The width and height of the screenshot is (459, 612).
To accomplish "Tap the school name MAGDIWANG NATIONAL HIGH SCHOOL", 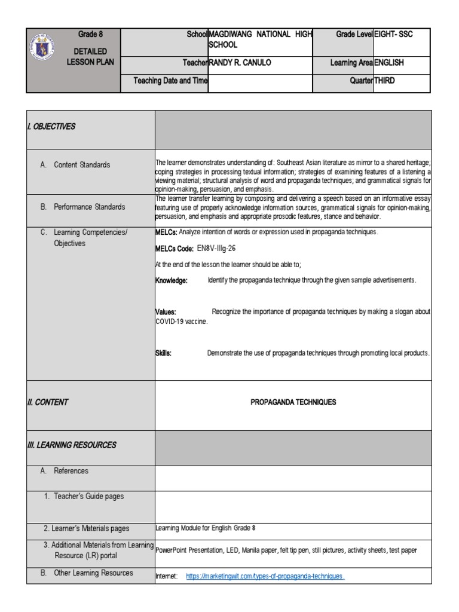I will (x=259, y=39).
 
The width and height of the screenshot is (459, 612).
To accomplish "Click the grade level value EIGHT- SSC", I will (x=393, y=35).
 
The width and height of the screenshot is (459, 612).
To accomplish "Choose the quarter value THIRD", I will (x=384, y=81).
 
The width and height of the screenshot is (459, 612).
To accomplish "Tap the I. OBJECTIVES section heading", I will (x=51, y=127).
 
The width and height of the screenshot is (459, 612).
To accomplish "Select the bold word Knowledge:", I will (x=172, y=280).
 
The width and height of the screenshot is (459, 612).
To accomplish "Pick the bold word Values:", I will (x=166, y=312).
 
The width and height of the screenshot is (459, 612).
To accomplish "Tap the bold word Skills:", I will (x=164, y=353).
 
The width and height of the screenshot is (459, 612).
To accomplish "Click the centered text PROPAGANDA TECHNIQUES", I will (x=293, y=402).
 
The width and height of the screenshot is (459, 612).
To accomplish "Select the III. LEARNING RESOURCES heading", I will (x=71, y=445).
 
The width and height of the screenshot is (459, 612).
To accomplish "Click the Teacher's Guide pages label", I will (x=88, y=496).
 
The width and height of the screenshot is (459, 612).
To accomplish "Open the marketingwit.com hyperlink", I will (x=265, y=576).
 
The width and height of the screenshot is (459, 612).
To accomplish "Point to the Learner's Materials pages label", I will (x=86, y=528).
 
